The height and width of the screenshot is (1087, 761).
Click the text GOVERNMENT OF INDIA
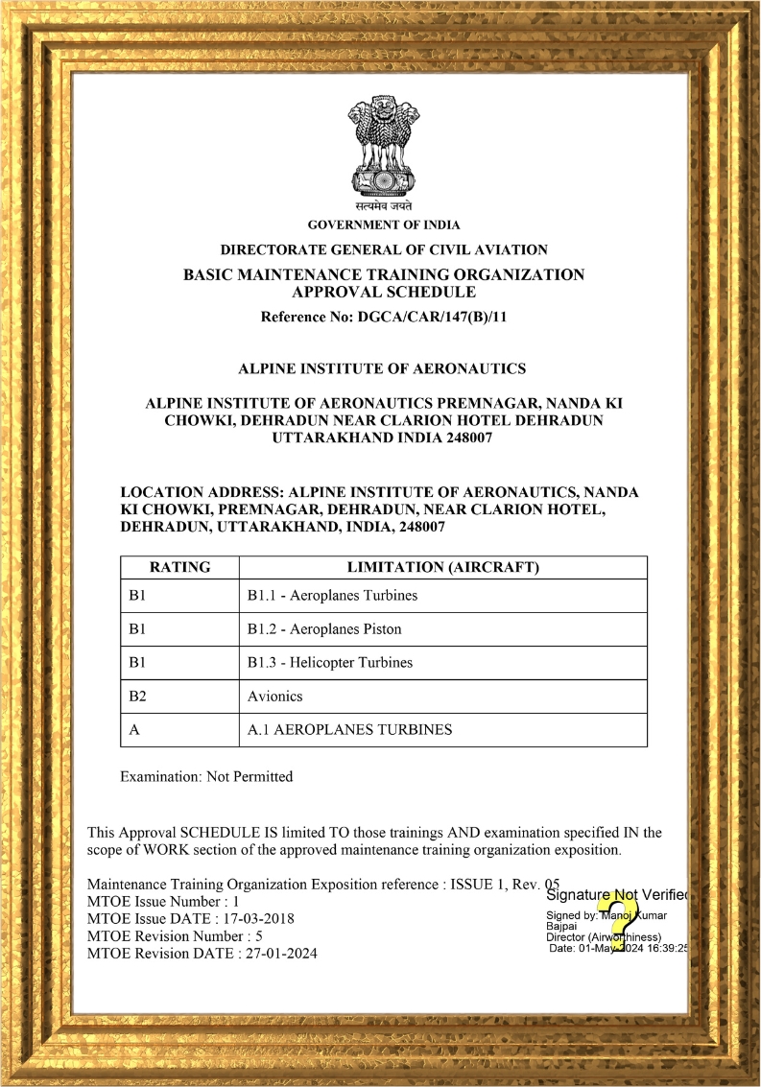[x=384, y=224]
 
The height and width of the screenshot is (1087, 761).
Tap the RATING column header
[x=179, y=567]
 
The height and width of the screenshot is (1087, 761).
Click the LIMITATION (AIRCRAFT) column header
[x=442, y=567]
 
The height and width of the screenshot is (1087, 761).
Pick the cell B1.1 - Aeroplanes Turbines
[x=332, y=595]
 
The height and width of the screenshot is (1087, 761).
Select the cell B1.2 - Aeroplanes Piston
[x=324, y=629]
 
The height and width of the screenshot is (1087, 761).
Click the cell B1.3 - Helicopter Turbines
[x=329, y=662]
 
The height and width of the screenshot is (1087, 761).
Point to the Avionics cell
[x=274, y=697]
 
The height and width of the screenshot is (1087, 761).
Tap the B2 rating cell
[x=136, y=697]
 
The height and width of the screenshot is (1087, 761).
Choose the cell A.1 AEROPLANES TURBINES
[x=349, y=729]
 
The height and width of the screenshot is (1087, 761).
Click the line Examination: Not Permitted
[x=206, y=776]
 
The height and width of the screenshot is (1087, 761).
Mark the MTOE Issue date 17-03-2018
[x=259, y=918]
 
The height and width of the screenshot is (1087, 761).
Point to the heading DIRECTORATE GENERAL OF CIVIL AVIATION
[x=384, y=249]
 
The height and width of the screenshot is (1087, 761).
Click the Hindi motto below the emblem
[x=383, y=205]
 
